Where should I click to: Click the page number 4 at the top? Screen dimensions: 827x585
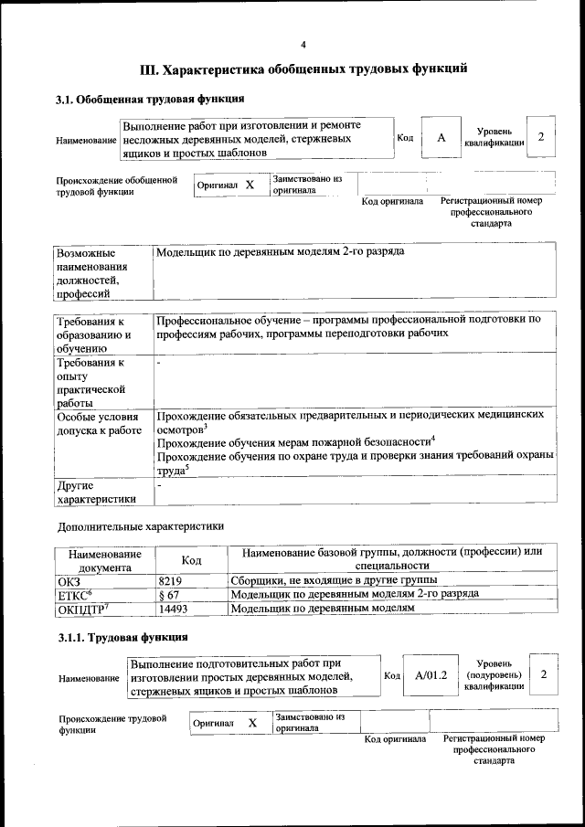(303, 45)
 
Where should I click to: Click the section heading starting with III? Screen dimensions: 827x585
(303, 69)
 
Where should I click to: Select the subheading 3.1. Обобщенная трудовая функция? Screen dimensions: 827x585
(150, 99)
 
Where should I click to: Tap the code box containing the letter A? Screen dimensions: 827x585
(441, 138)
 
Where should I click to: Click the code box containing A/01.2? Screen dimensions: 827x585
(430, 675)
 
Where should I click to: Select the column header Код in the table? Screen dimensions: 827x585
(191, 559)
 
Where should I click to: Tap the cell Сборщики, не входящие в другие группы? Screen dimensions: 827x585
(334, 580)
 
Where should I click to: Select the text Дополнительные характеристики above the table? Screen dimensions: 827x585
(140, 526)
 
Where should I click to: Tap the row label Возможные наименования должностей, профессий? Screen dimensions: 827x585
(92, 272)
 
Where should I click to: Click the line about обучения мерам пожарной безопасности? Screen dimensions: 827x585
(294, 442)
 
